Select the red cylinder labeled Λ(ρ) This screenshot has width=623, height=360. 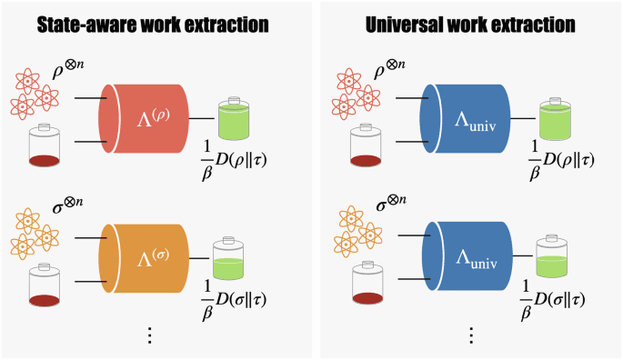[x=150, y=119]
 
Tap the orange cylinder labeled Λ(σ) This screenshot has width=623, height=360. [x=150, y=257]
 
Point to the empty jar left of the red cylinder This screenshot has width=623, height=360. [x=50, y=146]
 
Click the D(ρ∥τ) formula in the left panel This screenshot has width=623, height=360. [x=238, y=163]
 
